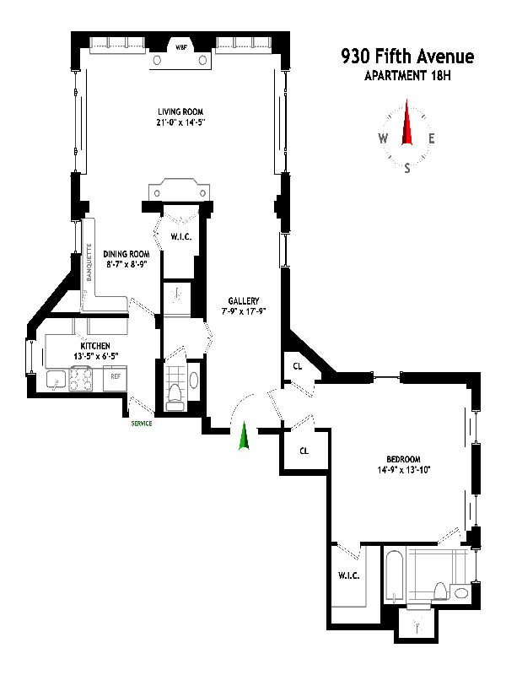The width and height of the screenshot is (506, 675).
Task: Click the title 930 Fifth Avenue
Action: [407, 57]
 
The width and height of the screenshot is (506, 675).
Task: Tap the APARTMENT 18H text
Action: [407, 77]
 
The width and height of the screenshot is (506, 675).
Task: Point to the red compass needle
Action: [407, 123]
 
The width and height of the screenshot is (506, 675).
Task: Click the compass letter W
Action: [383, 139]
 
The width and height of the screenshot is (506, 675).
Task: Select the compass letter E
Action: [431, 139]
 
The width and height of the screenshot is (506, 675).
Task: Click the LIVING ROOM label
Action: [181, 111]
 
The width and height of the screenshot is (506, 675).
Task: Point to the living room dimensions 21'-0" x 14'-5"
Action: [181, 122]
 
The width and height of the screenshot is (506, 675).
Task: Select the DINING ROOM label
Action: [126, 254]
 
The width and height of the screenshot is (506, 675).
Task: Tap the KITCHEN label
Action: [95, 346]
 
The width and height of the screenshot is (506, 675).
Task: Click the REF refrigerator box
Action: [115, 376]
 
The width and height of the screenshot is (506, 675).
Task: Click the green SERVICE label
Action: [141, 423]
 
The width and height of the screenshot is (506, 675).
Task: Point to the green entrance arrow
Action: [244, 436]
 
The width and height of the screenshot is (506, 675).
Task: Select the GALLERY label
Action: [243, 301]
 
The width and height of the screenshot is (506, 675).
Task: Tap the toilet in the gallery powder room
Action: [175, 395]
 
